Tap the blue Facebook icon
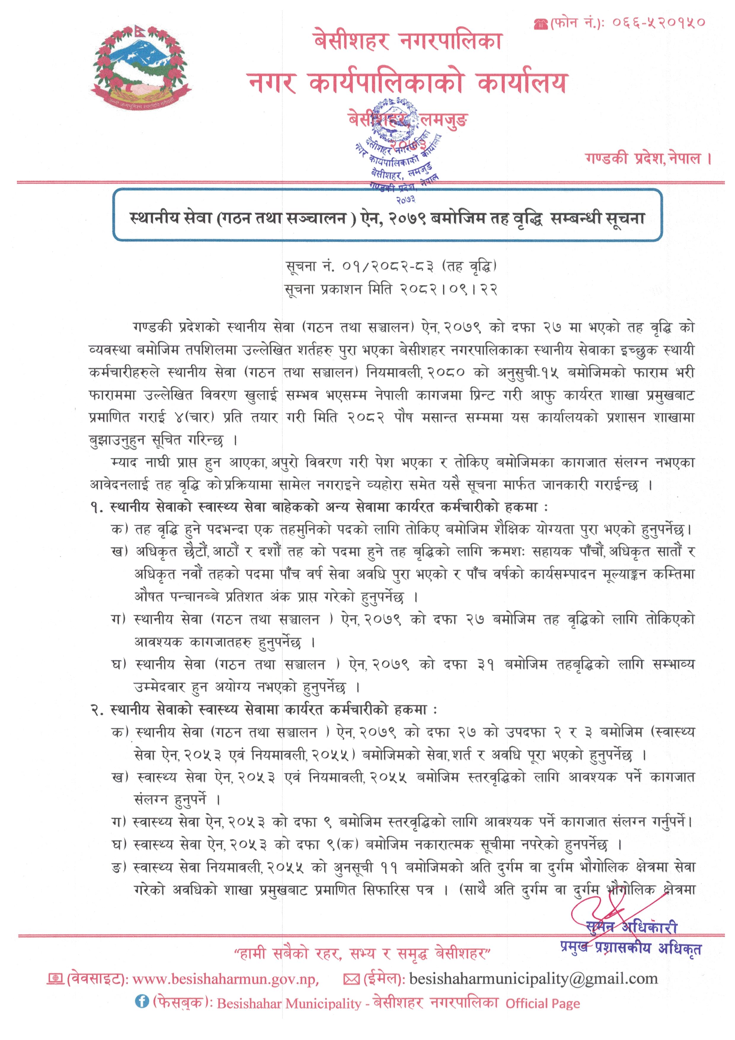[142, 1001]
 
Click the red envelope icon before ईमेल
[351, 980]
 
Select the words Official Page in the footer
[543, 1003]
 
